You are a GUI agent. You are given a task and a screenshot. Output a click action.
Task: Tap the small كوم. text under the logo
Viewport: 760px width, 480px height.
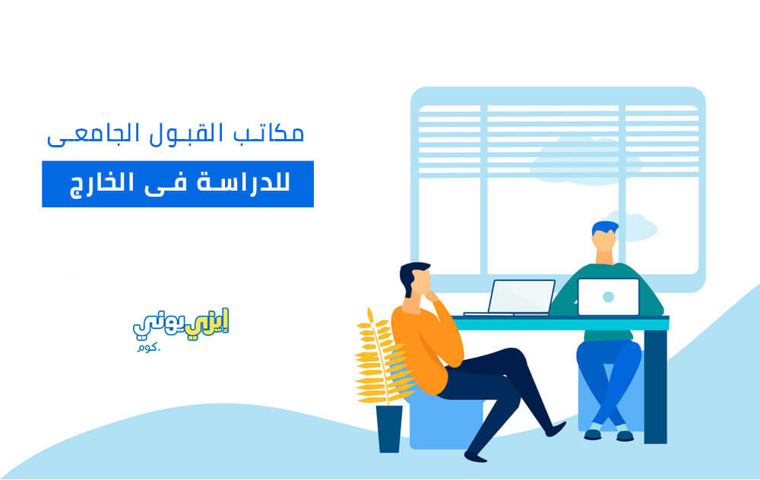tap(149, 347)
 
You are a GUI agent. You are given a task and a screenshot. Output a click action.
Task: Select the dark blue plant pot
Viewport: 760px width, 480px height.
tap(389, 428)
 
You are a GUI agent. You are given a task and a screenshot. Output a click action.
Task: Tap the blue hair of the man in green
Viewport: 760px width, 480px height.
tap(604, 227)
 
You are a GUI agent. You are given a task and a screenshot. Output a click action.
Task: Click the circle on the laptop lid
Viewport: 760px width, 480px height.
tap(608, 297)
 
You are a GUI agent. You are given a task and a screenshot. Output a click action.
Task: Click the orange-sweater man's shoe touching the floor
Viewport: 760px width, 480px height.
tap(476, 456)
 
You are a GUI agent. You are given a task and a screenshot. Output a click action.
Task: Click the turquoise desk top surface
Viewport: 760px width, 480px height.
tap(561, 323)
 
